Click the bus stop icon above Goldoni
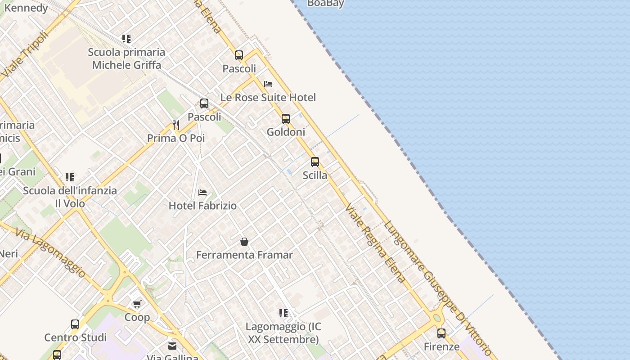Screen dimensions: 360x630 coord(286,119)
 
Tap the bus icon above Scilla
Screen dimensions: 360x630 coord(315,162)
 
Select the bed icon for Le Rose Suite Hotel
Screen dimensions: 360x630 coord(268,84)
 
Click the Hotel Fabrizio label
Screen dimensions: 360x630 coord(202,206)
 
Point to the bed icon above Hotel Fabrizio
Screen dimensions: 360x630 coord(202,193)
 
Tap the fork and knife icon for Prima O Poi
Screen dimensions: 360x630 coord(176,125)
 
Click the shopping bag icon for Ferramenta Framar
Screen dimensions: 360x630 coord(244,242)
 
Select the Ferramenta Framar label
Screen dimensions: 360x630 coord(244,255)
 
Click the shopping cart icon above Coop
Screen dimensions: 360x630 coord(137,304)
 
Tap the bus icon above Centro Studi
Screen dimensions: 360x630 coord(75,324)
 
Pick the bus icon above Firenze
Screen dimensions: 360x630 coord(441,333)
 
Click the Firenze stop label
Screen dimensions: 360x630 coord(441,346)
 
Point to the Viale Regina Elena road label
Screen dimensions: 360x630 coord(375,243)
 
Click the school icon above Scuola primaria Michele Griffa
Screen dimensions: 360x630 coord(126,39)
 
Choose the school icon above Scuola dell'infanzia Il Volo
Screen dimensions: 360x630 coord(70,177)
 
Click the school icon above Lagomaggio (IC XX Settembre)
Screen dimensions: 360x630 coord(283,313)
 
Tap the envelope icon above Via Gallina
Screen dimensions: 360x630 coord(172,346)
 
